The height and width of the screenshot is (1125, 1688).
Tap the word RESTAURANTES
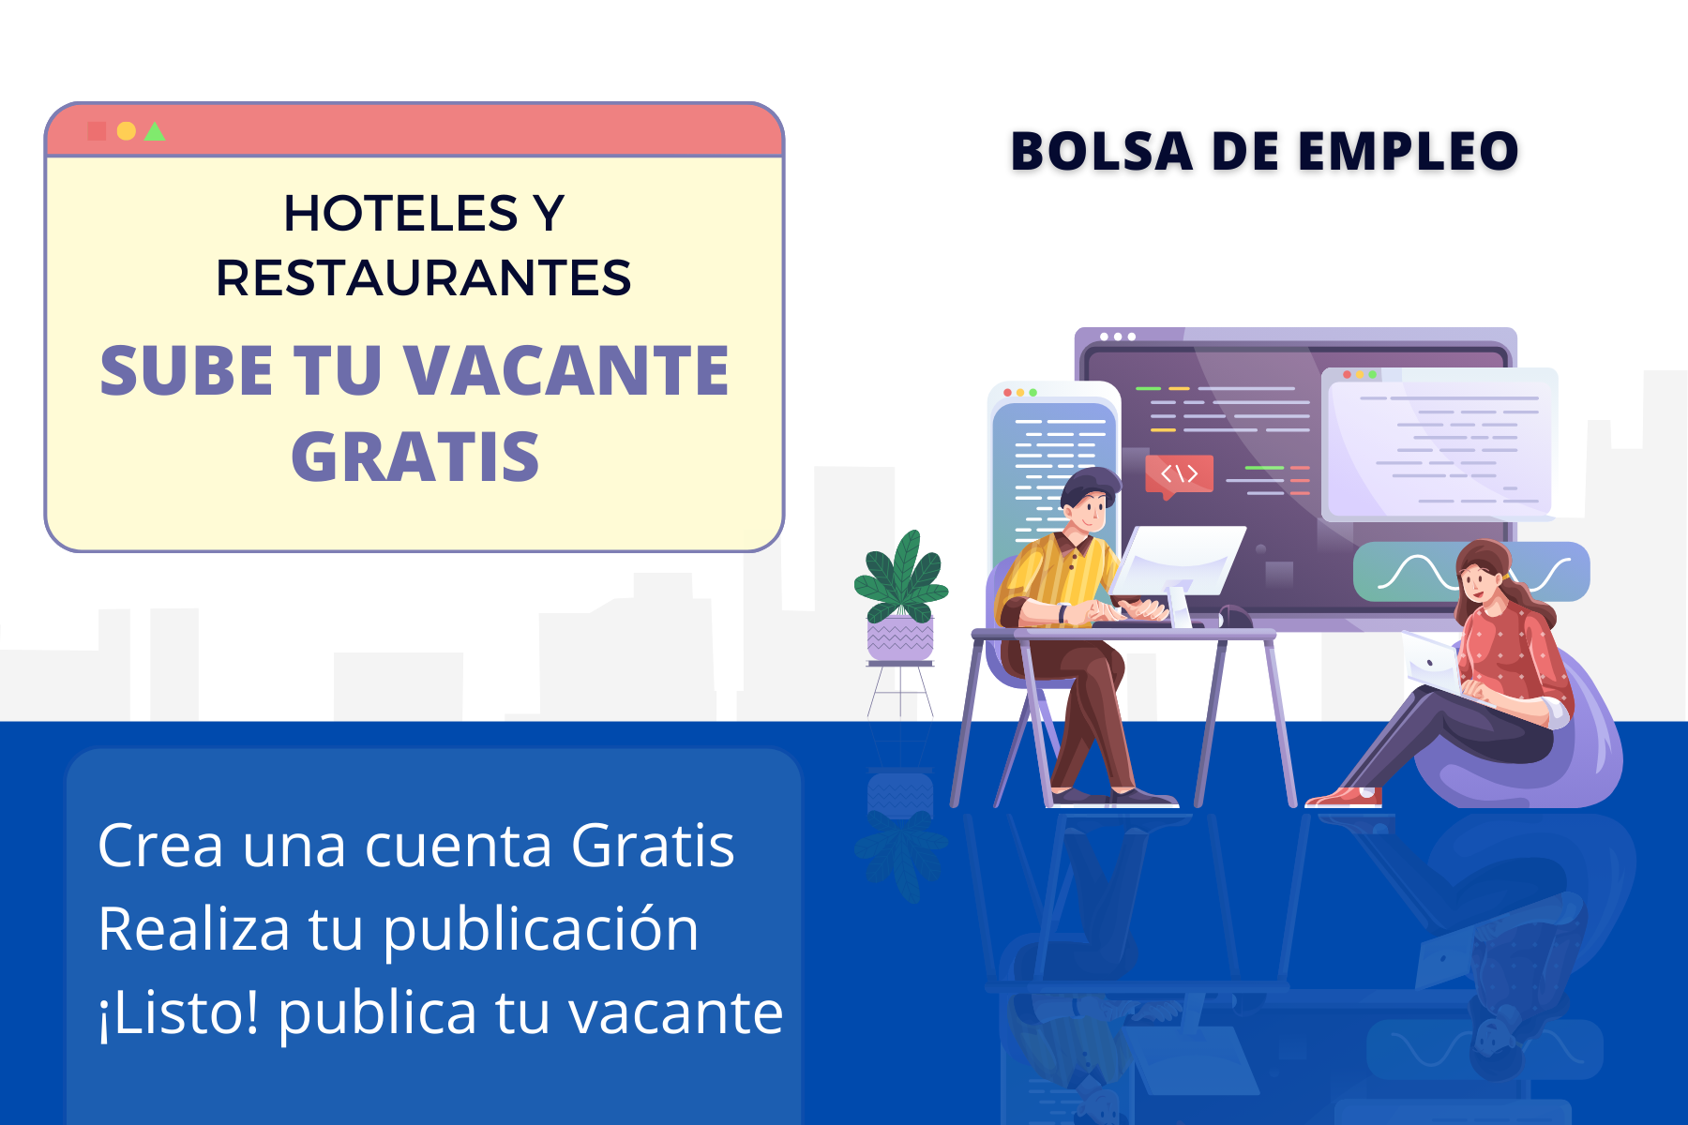424,278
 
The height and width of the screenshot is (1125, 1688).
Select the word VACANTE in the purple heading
566,371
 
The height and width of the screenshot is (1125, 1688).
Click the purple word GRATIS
414,457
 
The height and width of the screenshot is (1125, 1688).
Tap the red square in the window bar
97,131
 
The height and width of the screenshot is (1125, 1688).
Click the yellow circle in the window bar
127,131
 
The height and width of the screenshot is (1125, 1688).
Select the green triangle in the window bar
156,132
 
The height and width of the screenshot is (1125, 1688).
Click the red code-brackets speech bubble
1179,473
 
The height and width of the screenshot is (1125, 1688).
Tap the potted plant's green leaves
900,577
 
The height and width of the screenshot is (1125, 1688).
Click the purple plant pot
900,639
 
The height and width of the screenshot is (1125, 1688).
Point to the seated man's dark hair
1090,485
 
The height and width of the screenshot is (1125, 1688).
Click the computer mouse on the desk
1235,617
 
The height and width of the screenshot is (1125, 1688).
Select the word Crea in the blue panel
160,846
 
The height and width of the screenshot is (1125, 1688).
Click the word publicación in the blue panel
540,929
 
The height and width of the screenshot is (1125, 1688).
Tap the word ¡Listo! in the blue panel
178,1012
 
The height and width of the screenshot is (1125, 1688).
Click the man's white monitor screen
1177,560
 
